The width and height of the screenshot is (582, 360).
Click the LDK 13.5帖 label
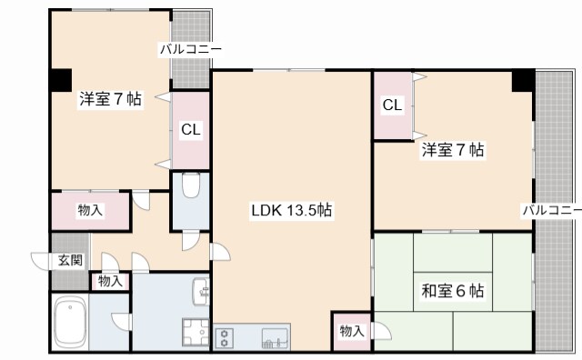pyautogui.click(x=291, y=211)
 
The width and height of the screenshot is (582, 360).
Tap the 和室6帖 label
pyautogui.click(x=452, y=292)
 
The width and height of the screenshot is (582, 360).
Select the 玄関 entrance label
pyautogui.click(x=69, y=260)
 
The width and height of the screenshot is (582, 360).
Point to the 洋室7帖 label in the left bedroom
pyautogui.click(x=109, y=99)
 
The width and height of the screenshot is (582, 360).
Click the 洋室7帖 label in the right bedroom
pyautogui.click(x=452, y=149)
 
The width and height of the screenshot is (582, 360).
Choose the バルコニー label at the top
pyautogui.click(x=190, y=49)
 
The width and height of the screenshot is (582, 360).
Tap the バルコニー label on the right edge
pyautogui.click(x=551, y=211)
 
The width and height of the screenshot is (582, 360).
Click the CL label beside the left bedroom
pyautogui.click(x=190, y=130)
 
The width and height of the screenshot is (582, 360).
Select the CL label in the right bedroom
pyautogui.click(x=392, y=106)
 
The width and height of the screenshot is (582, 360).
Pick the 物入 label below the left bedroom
pyautogui.click(x=89, y=211)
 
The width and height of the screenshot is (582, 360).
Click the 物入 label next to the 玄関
pyautogui.click(x=110, y=281)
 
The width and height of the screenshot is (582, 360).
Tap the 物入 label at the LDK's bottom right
pyautogui.click(x=351, y=331)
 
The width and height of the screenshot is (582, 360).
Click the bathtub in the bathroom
pyautogui.click(x=69, y=322)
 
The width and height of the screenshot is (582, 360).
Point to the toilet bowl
pyautogui.click(x=190, y=185)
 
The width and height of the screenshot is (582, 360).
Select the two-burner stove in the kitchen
pyautogui.click(x=224, y=338)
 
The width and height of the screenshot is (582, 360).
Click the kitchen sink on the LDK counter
pyautogui.click(x=272, y=339)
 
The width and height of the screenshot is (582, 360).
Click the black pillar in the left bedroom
pyautogui.click(x=60, y=79)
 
